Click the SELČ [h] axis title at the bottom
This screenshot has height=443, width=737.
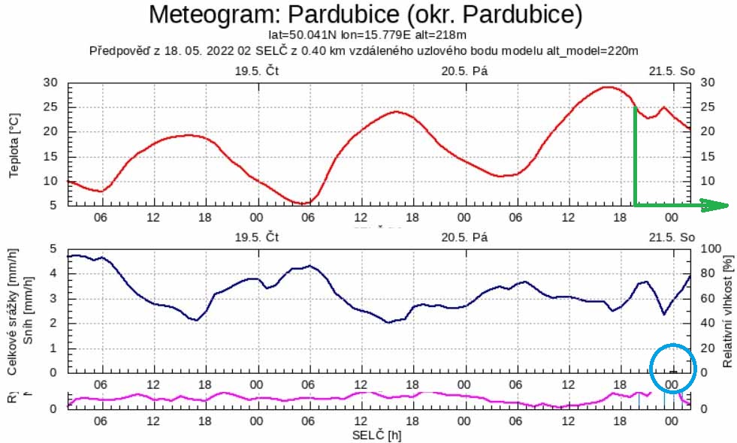click(376, 435)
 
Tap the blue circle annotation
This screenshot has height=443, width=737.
click(673, 368)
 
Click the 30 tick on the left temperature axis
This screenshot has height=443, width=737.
click(51, 83)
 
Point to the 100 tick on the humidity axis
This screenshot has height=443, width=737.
click(709, 249)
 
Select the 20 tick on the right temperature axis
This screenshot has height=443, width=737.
click(707, 131)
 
